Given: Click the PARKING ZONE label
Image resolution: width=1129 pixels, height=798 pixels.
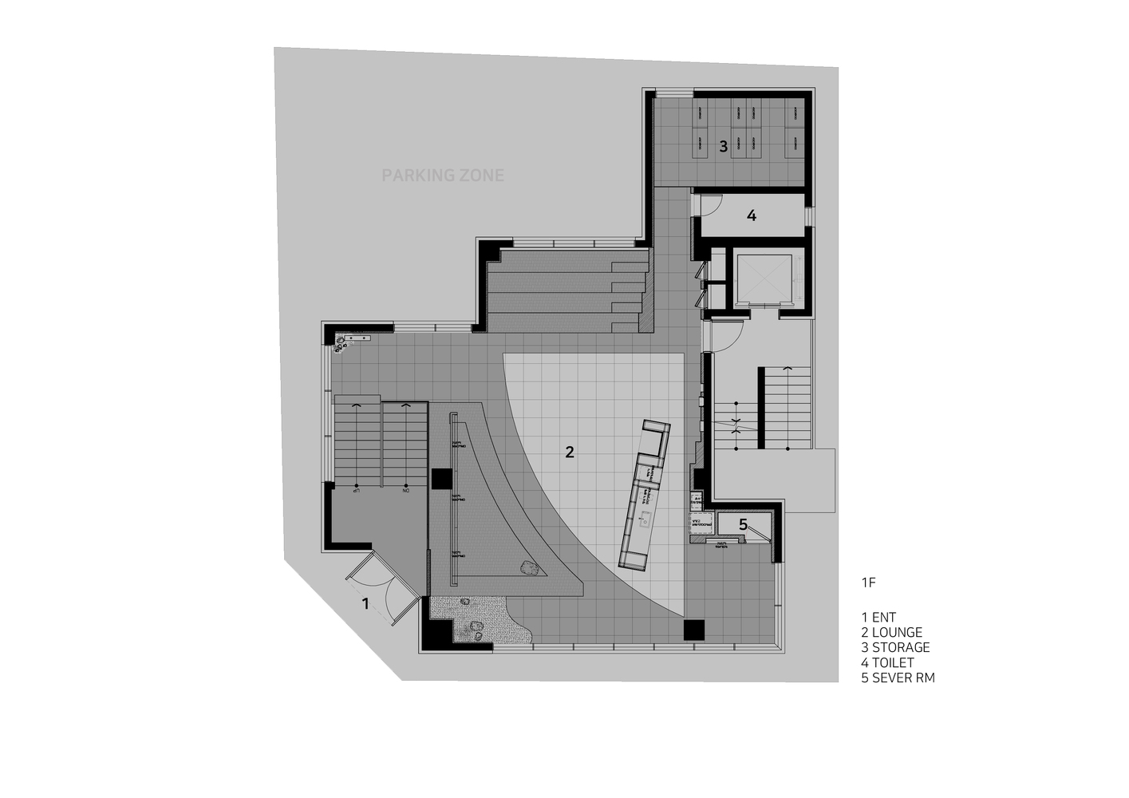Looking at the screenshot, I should (443, 175).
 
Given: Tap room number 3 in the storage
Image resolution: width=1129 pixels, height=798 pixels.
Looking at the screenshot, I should (723, 146).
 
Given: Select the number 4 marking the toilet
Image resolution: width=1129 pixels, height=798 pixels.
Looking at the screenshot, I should (751, 215).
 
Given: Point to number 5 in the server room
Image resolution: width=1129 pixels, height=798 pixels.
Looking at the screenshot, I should (743, 524).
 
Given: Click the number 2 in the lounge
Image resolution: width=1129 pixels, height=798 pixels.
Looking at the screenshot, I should (569, 452).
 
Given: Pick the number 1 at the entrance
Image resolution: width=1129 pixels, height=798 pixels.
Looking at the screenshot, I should (365, 603).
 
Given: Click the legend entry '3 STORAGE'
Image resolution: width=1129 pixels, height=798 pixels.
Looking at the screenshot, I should (895, 647).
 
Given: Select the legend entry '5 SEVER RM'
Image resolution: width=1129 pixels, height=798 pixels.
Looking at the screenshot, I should (898, 678).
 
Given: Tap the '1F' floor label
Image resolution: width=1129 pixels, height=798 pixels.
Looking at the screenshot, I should (868, 583).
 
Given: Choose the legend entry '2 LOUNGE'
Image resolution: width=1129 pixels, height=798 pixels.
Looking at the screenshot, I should (891, 632).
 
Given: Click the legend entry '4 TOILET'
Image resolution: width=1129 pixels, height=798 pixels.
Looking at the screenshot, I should (887, 662).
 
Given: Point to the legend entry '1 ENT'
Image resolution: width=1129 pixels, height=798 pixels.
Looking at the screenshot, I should (878, 617).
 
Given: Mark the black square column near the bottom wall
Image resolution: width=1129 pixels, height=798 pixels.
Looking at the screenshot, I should (694, 630).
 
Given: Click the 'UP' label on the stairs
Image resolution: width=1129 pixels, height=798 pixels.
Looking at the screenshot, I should (356, 490).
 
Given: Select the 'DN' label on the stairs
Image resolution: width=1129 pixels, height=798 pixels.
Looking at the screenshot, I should (405, 490).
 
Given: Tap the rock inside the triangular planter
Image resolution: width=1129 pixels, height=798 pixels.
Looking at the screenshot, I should (528, 569).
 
